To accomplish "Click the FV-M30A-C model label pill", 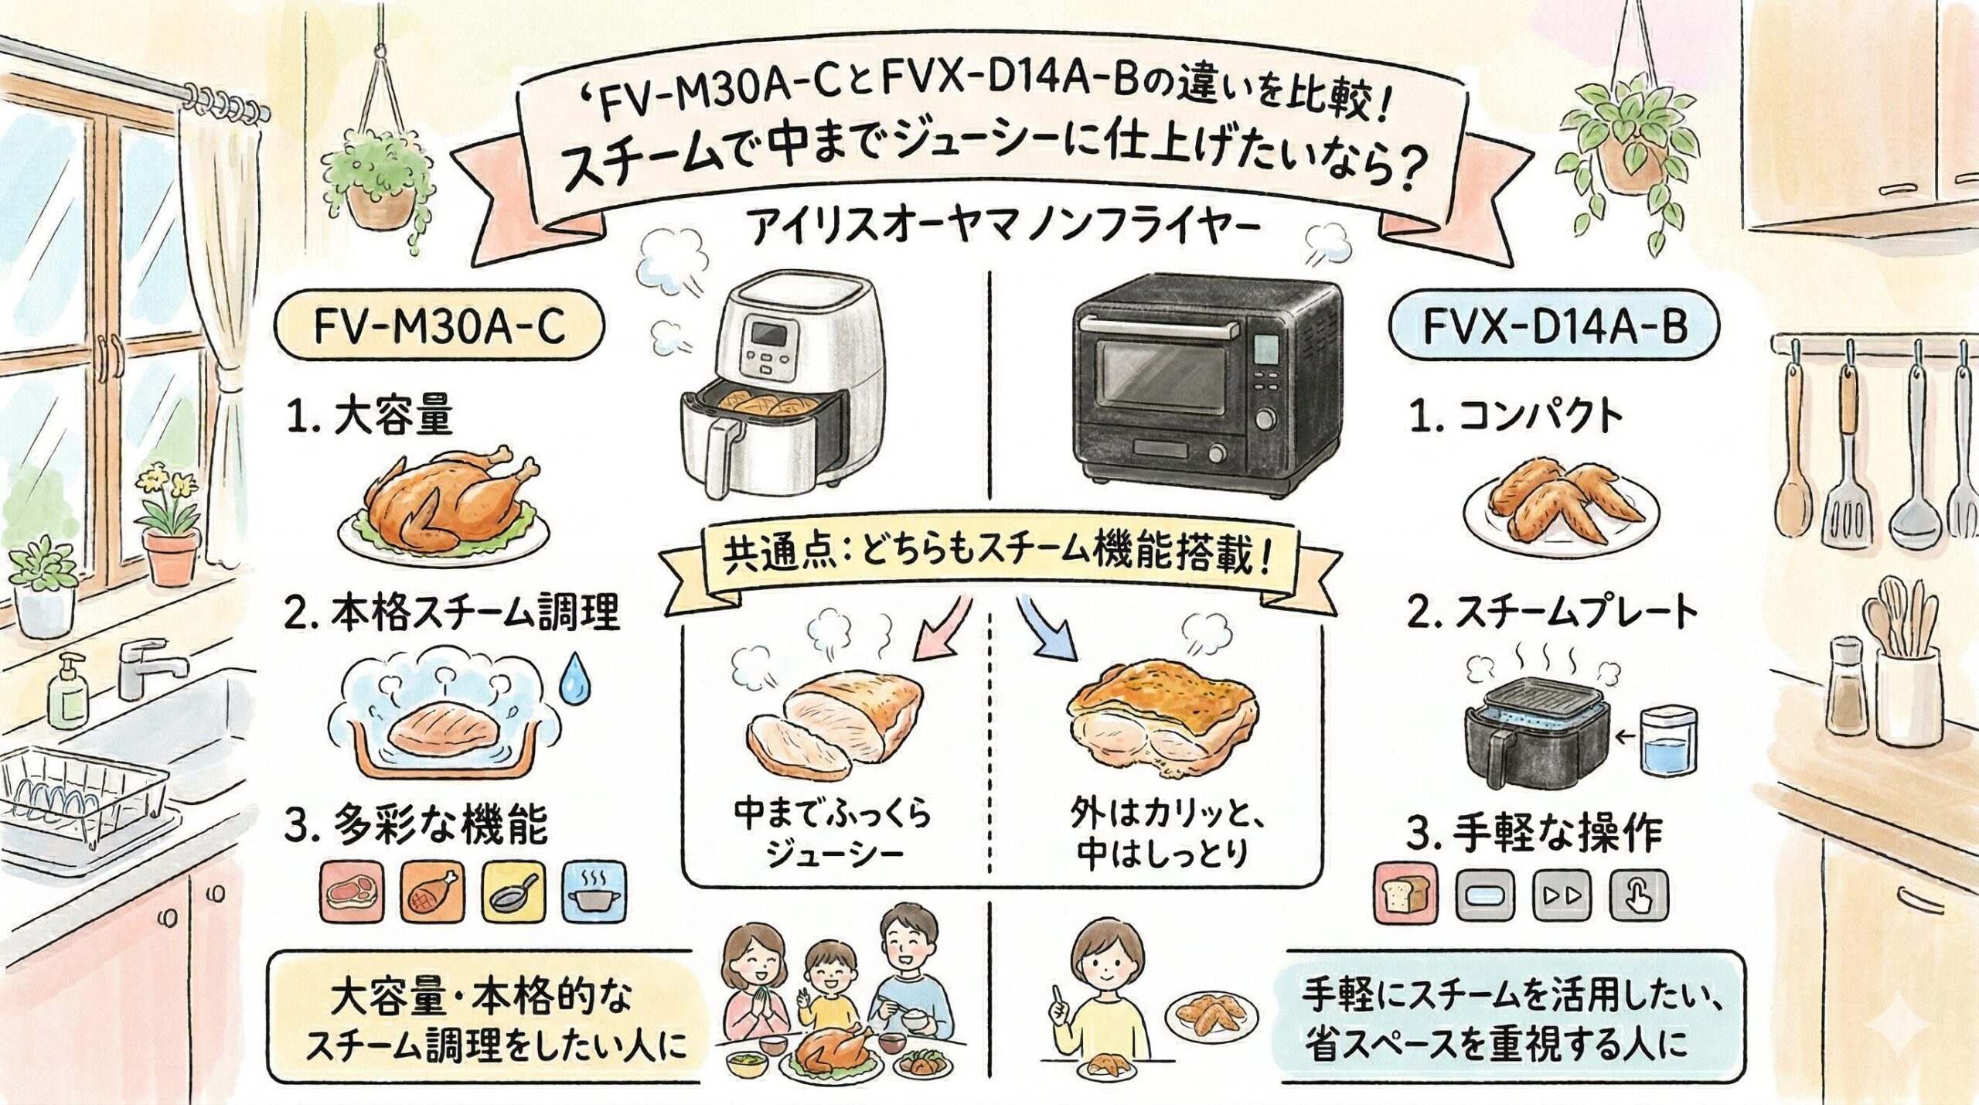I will [439, 328].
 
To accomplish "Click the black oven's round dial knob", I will [1265, 418].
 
